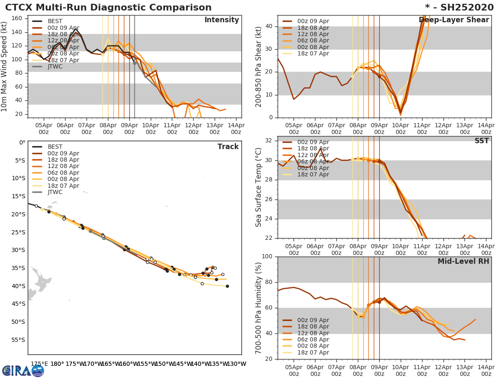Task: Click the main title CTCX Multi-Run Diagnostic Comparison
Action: click(108, 8)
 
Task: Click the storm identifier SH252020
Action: click(459, 8)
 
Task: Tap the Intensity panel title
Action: click(221, 20)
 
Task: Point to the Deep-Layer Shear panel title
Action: click(454, 20)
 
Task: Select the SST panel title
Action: click(481, 141)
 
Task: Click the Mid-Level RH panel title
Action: click(463, 262)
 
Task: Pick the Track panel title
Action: click(228, 147)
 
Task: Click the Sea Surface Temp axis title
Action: click(259, 187)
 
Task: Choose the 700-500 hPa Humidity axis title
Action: click(259, 308)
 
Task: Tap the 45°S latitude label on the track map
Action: click(19, 304)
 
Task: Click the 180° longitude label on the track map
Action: click(57, 364)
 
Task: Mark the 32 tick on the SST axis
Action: click(269, 141)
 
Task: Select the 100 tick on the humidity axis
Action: click(267, 257)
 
